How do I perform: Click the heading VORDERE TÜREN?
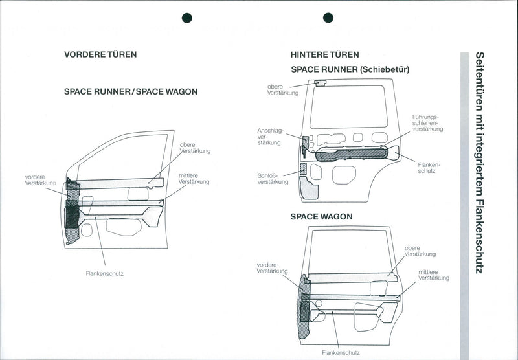click(x=100, y=54)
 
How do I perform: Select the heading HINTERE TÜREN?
click(x=325, y=54)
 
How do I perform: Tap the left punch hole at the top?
click(x=188, y=17)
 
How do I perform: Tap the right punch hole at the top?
click(x=328, y=17)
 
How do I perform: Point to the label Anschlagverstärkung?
click(x=270, y=136)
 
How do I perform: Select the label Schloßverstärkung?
click(x=273, y=178)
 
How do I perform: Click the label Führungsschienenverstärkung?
click(x=427, y=123)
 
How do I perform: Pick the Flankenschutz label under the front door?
click(x=104, y=273)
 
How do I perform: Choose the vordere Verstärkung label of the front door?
click(x=39, y=180)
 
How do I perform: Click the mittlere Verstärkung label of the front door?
click(x=194, y=179)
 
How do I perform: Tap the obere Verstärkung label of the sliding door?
click(x=283, y=89)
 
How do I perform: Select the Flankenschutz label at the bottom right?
click(x=341, y=353)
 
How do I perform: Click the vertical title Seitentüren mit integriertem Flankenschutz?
click(x=480, y=162)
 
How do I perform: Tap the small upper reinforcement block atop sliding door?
click(x=319, y=82)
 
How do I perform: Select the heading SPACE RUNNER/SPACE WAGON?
click(x=131, y=92)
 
